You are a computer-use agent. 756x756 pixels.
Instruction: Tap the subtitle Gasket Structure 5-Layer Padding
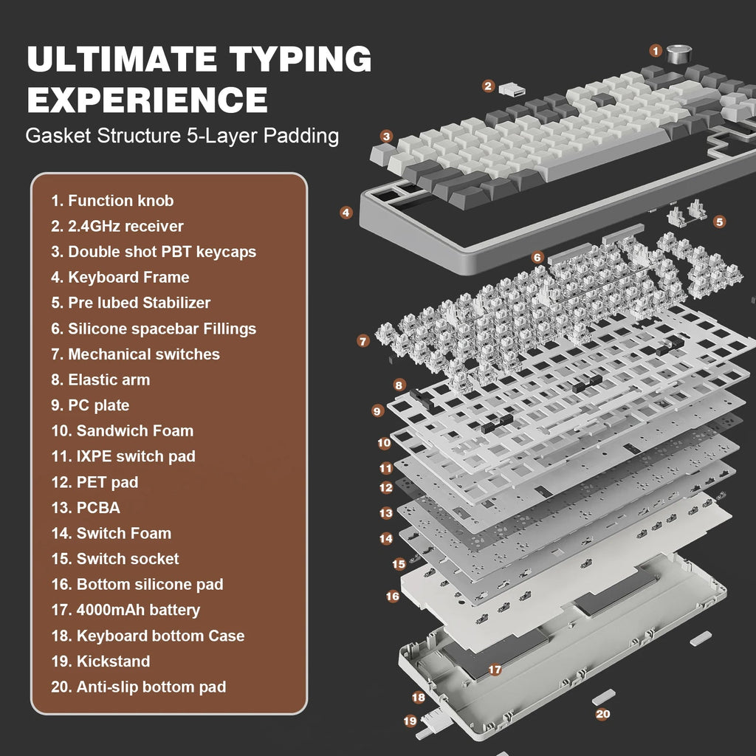point(182,136)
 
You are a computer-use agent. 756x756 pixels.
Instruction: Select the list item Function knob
point(112,201)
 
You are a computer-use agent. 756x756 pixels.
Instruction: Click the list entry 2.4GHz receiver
point(117,226)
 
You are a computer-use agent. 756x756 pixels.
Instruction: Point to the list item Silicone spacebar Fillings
point(154,329)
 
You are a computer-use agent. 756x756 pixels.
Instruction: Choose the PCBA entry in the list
point(86,508)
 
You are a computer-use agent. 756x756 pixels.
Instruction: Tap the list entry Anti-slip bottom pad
point(139,687)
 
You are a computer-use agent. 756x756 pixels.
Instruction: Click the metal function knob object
point(678,53)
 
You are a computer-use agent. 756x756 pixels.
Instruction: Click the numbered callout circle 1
point(656,50)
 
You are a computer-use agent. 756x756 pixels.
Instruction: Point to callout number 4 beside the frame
point(346,212)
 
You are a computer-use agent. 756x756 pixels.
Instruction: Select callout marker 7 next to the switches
point(362,341)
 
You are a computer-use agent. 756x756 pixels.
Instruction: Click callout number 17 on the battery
point(495,670)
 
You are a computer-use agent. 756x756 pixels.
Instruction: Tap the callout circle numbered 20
point(602,714)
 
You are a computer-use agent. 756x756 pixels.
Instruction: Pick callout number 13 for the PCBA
point(386,512)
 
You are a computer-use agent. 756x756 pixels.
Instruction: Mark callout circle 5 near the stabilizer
point(720,221)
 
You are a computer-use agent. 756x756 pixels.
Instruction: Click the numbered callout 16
point(393,595)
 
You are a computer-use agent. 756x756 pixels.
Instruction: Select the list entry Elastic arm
point(100,380)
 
